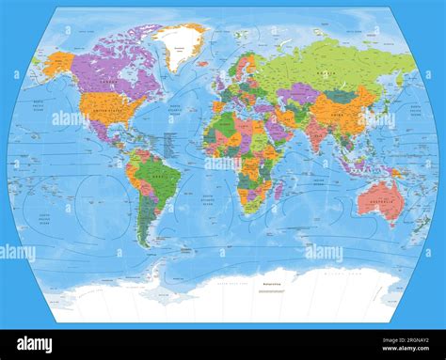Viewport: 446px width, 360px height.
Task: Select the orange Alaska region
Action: pyautogui.click(x=58, y=64)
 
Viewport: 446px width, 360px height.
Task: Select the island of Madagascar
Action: pyautogui.click(x=278, y=190)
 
